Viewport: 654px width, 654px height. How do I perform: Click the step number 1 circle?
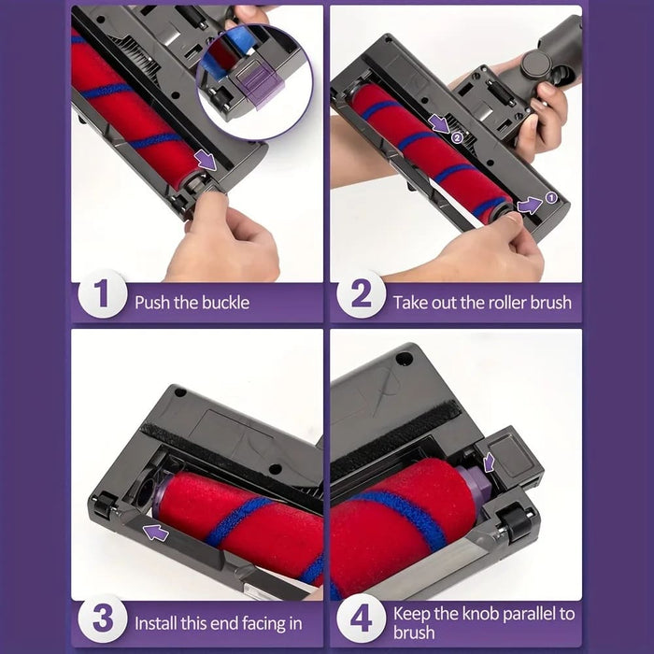click(x=102, y=294)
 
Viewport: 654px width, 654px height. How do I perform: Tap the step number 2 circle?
click(x=362, y=294)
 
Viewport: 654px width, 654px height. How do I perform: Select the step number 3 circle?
click(x=102, y=618)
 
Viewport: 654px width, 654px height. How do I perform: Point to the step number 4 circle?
click(x=362, y=618)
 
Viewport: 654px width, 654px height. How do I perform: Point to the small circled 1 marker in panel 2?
click(x=551, y=198)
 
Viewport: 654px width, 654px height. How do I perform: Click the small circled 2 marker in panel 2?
click(x=457, y=136)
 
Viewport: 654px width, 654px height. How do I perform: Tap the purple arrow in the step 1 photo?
click(x=206, y=161)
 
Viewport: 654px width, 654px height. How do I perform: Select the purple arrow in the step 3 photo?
click(x=156, y=533)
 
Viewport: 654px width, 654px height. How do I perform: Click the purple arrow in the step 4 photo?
click(x=489, y=462)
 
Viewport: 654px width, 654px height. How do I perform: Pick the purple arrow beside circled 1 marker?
click(x=530, y=206)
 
